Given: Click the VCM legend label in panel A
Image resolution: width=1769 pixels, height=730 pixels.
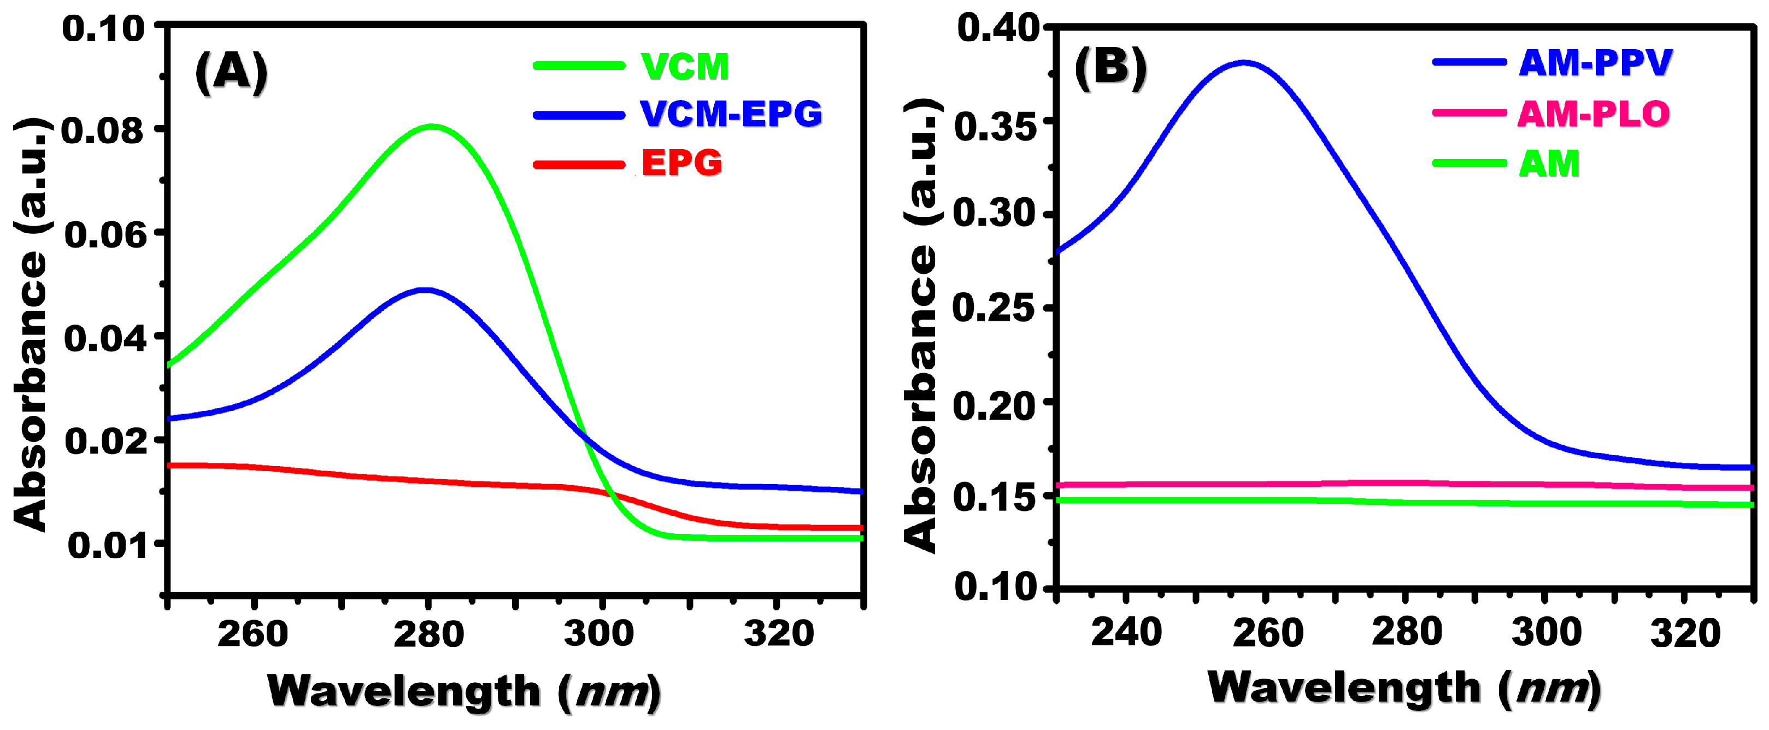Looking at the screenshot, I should (x=684, y=67).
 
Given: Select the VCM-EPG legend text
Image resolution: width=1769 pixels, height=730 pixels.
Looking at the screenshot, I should (x=731, y=114).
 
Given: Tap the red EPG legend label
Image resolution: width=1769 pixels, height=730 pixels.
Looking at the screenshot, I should (x=681, y=163).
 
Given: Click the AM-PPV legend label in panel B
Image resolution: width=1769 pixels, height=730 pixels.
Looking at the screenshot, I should (x=1595, y=63).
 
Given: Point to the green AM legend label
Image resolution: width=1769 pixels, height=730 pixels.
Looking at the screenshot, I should (x=1549, y=163).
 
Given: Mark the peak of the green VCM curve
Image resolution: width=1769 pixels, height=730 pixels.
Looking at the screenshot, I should (x=432, y=126).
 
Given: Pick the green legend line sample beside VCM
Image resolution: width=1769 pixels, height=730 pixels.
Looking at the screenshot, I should (x=578, y=66).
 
